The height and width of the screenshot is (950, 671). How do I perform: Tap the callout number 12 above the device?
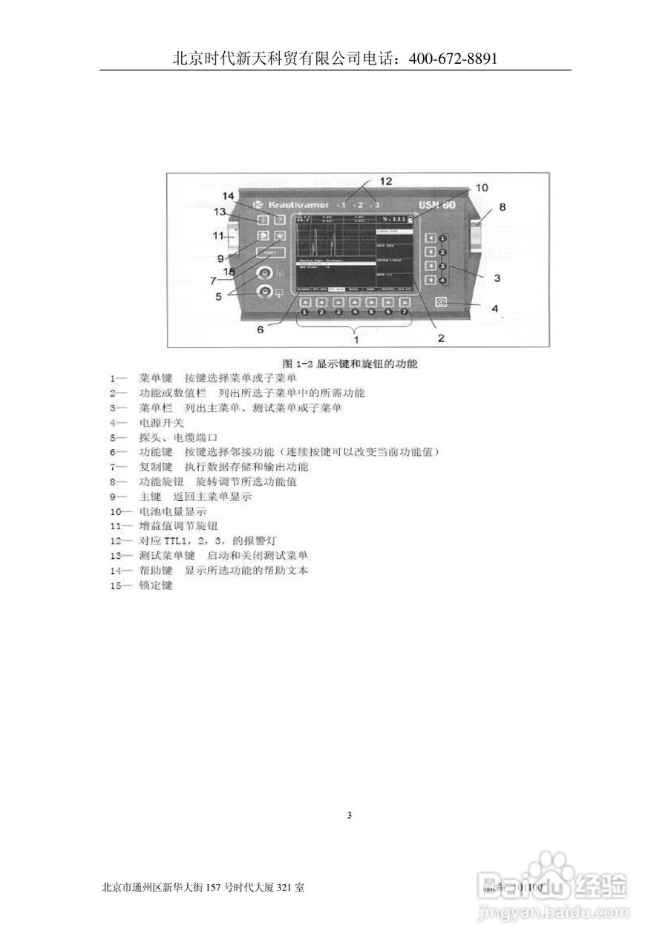[x=386, y=180]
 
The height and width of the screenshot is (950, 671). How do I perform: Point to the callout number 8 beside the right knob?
[x=502, y=208]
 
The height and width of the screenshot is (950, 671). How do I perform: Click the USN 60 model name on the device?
[x=437, y=205]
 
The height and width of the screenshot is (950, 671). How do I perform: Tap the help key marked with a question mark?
[x=279, y=220]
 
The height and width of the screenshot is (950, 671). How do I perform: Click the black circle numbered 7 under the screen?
[x=405, y=312]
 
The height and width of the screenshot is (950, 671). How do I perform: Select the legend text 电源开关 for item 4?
[x=161, y=422]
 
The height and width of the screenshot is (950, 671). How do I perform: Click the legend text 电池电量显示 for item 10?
[x=172, y=511]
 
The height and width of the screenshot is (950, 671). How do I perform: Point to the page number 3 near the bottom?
[x=350, y=816]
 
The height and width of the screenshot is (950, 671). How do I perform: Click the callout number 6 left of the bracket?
[x=260, y=330]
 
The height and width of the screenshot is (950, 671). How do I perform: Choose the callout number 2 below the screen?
[x=440, y=338]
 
